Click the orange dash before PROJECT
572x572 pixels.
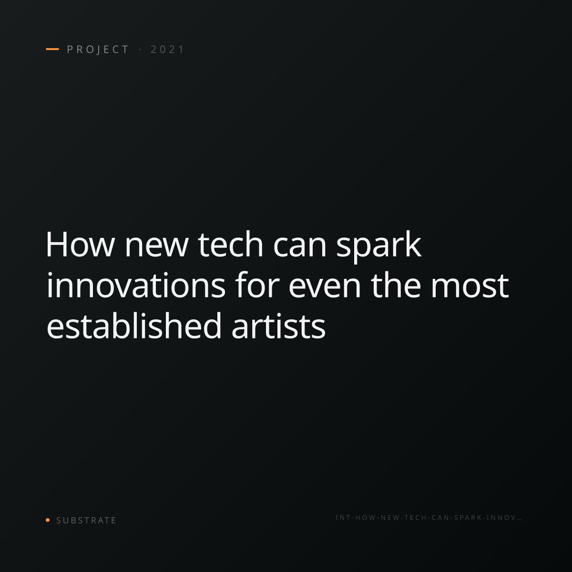point(52,49)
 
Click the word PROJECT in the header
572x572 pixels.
point(98,50)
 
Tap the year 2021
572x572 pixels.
point(167,50)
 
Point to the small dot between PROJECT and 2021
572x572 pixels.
point(140,49)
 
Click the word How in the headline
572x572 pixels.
point(80,245)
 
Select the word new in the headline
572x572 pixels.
point(156,248)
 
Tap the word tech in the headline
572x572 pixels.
point(230,245)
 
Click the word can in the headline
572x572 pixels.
point(300,248)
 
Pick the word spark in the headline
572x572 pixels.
point(378,247)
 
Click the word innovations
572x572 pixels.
point(136,285)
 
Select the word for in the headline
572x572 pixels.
point(257,285)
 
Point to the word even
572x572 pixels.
point(325,288)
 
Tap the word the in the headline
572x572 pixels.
point(396,285)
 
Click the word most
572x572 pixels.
point(470,286)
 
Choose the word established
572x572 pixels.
point(134,326)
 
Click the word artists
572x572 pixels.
point(278,327)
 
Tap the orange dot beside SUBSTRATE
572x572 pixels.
point(48,520)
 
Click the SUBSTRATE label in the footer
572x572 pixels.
point(86,521)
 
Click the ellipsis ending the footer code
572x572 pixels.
point(519,520)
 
